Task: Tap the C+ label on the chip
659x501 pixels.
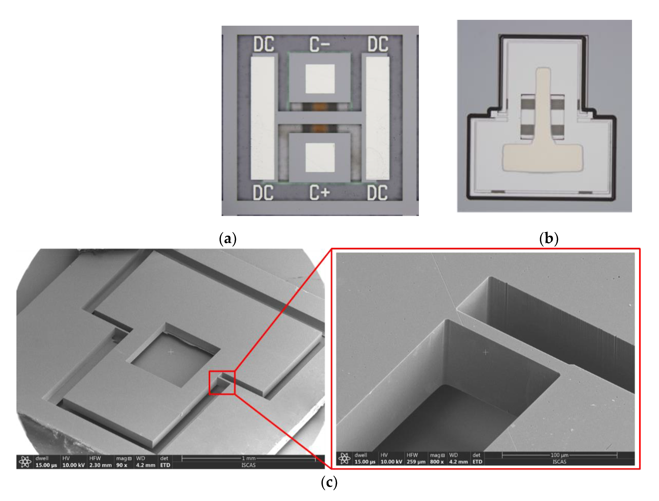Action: pos(319,192)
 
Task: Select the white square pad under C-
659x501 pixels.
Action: pos(320,79)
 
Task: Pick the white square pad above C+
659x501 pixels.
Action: pos(320,157)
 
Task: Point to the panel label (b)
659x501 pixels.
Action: pos(549,238)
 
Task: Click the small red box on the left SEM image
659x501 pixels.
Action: pos(222,383)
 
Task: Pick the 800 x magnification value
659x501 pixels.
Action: pos(437,462)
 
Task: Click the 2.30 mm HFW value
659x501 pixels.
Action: pos(100,465)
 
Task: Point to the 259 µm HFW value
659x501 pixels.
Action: pos(416,462)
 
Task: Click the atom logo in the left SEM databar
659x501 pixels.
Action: pos(25,462)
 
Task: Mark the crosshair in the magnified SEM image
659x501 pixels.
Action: pos(486,352)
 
